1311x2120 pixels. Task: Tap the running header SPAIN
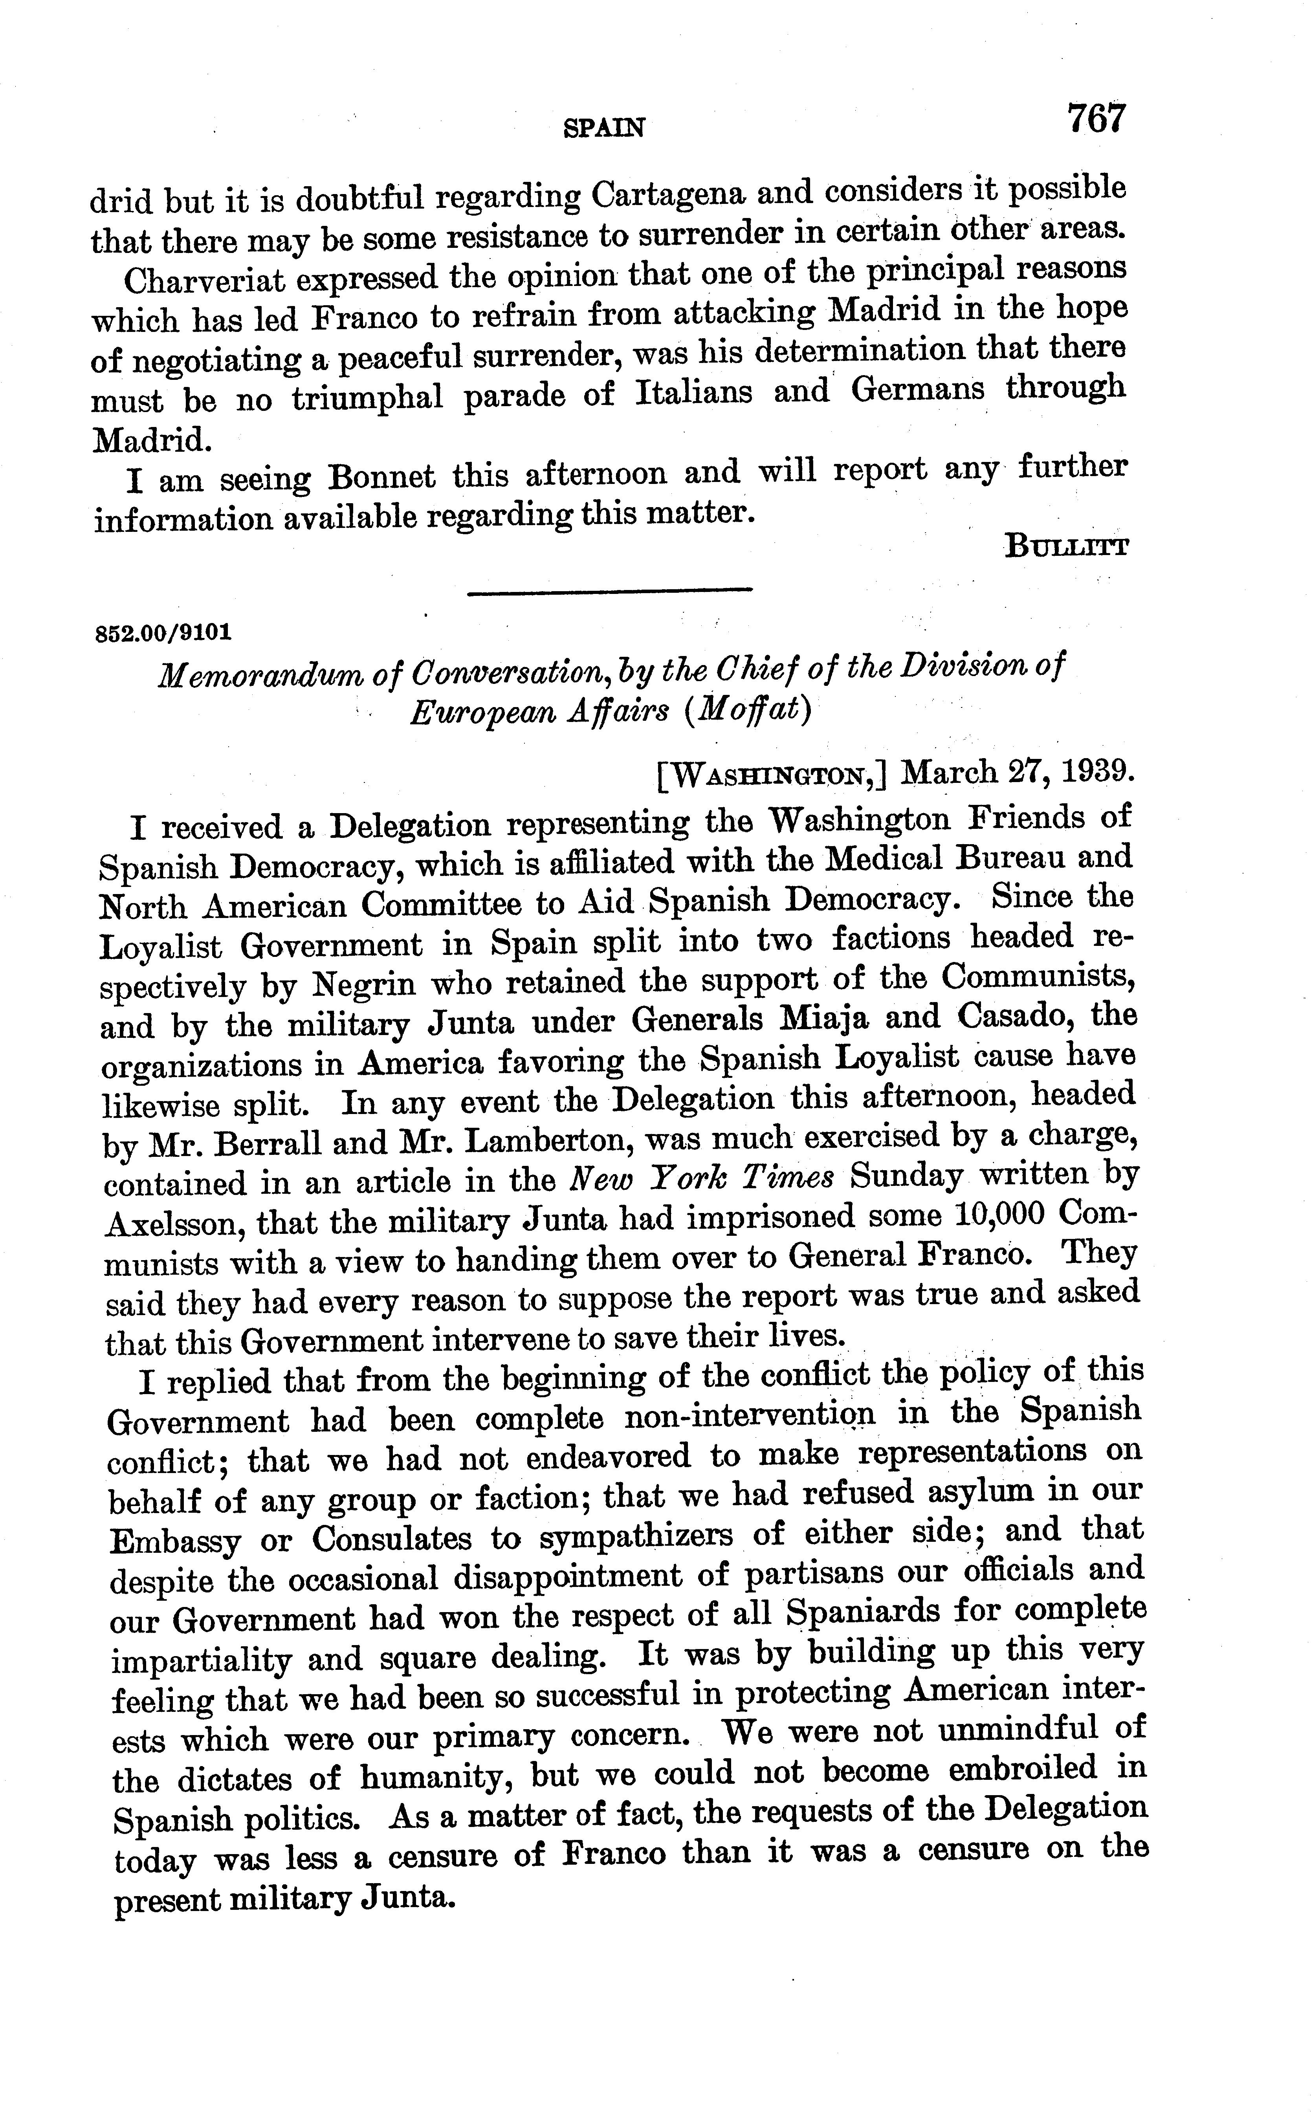click(604, 128)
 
